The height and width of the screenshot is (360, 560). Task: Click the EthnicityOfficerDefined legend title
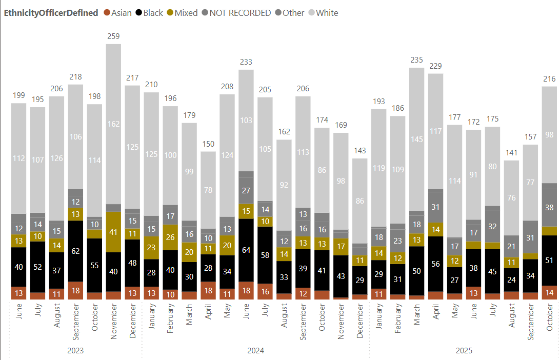tap(51, 13)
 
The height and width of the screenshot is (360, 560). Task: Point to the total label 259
tap(113, 36)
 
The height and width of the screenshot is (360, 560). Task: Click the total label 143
tap(359, 151)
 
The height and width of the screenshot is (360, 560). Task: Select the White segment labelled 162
tap(113, 124)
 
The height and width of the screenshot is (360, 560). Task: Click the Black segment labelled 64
tap(246, 250)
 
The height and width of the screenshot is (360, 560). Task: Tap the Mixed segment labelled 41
tap(113, 231)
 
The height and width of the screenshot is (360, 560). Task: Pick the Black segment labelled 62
tap(76, 251)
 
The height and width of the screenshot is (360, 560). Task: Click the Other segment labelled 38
tap(549, 208)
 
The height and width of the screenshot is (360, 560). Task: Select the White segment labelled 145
tap(416, 139)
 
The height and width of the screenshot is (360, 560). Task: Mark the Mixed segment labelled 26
tap(170, 237)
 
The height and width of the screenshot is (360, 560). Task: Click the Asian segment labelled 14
tap(549, 293)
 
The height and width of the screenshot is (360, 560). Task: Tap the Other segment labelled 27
tap(246, 190)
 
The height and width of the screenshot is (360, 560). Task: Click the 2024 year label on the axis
tap(255, 351)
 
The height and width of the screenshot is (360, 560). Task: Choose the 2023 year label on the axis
tap(75, 351)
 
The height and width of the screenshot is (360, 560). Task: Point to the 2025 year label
tap(464, 351)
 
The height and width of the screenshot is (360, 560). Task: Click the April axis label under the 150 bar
tap(208, 313)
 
